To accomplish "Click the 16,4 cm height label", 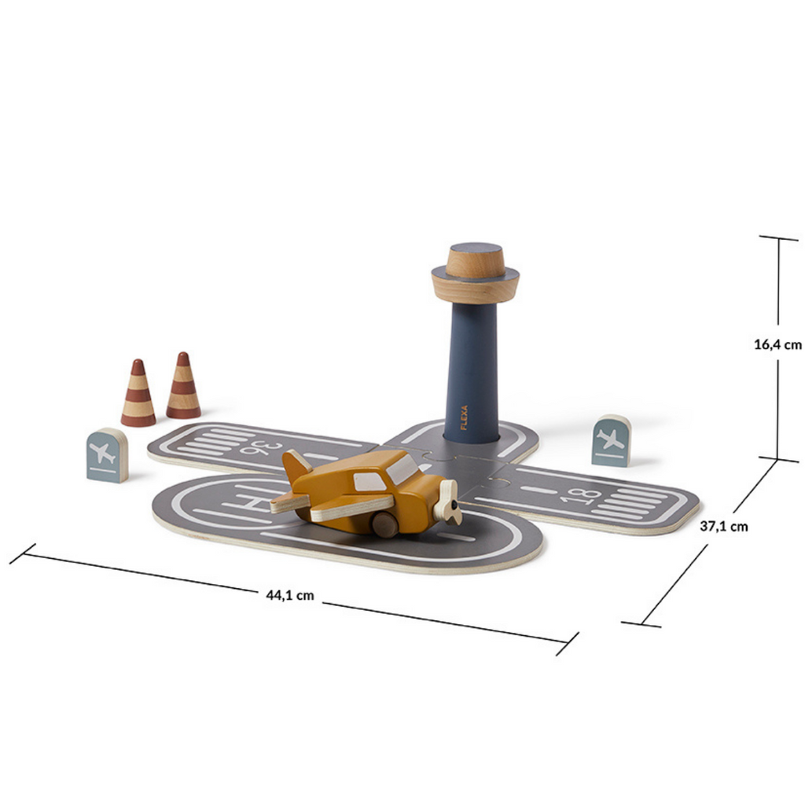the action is [x=777, y=344].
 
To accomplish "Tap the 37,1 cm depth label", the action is [x=724, y=526].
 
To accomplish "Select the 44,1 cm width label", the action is [x=289, y=595].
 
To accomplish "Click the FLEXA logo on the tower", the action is [x=464, y=417].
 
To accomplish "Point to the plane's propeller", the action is [x=447, y=502].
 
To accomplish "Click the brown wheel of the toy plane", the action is [x=385, y=524].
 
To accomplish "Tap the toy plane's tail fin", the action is [x=296, y=467].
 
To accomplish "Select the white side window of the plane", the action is [x=369, y=482].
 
